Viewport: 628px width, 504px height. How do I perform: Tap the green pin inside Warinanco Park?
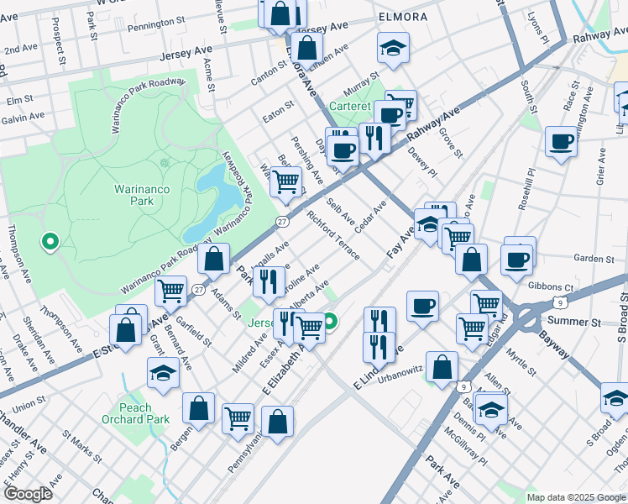point(50,243)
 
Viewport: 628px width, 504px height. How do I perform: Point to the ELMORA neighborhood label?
point(403,17)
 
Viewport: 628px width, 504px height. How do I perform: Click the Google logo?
point(28,494)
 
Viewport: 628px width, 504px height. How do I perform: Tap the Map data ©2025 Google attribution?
point(576,497)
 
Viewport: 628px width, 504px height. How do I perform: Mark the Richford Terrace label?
point(333,236)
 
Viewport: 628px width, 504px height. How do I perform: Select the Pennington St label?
point(155,26)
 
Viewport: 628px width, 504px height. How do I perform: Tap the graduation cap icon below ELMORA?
point(392,48)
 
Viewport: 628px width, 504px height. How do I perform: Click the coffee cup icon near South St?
point(560,141)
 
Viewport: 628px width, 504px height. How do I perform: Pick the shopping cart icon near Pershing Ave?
point(286,181)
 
